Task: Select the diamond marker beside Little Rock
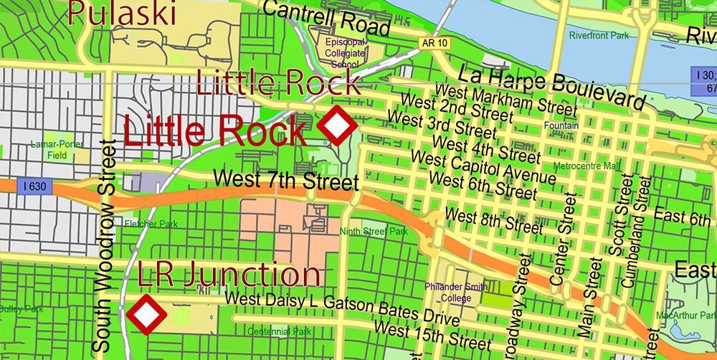(337, 125)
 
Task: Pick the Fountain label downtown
(561, 125)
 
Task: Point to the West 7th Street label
(286, 180)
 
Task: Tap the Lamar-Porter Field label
(57, 149)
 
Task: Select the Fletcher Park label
(151, 224)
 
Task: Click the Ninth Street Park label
(374, 232)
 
